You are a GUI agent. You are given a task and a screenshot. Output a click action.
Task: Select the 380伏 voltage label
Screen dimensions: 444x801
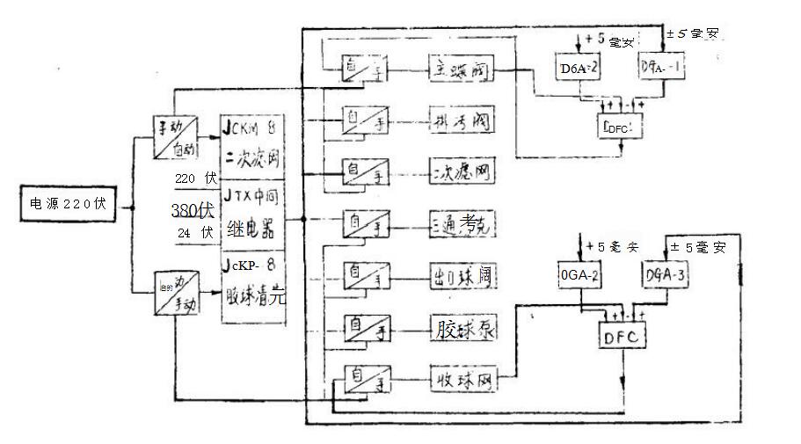[193, 211]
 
